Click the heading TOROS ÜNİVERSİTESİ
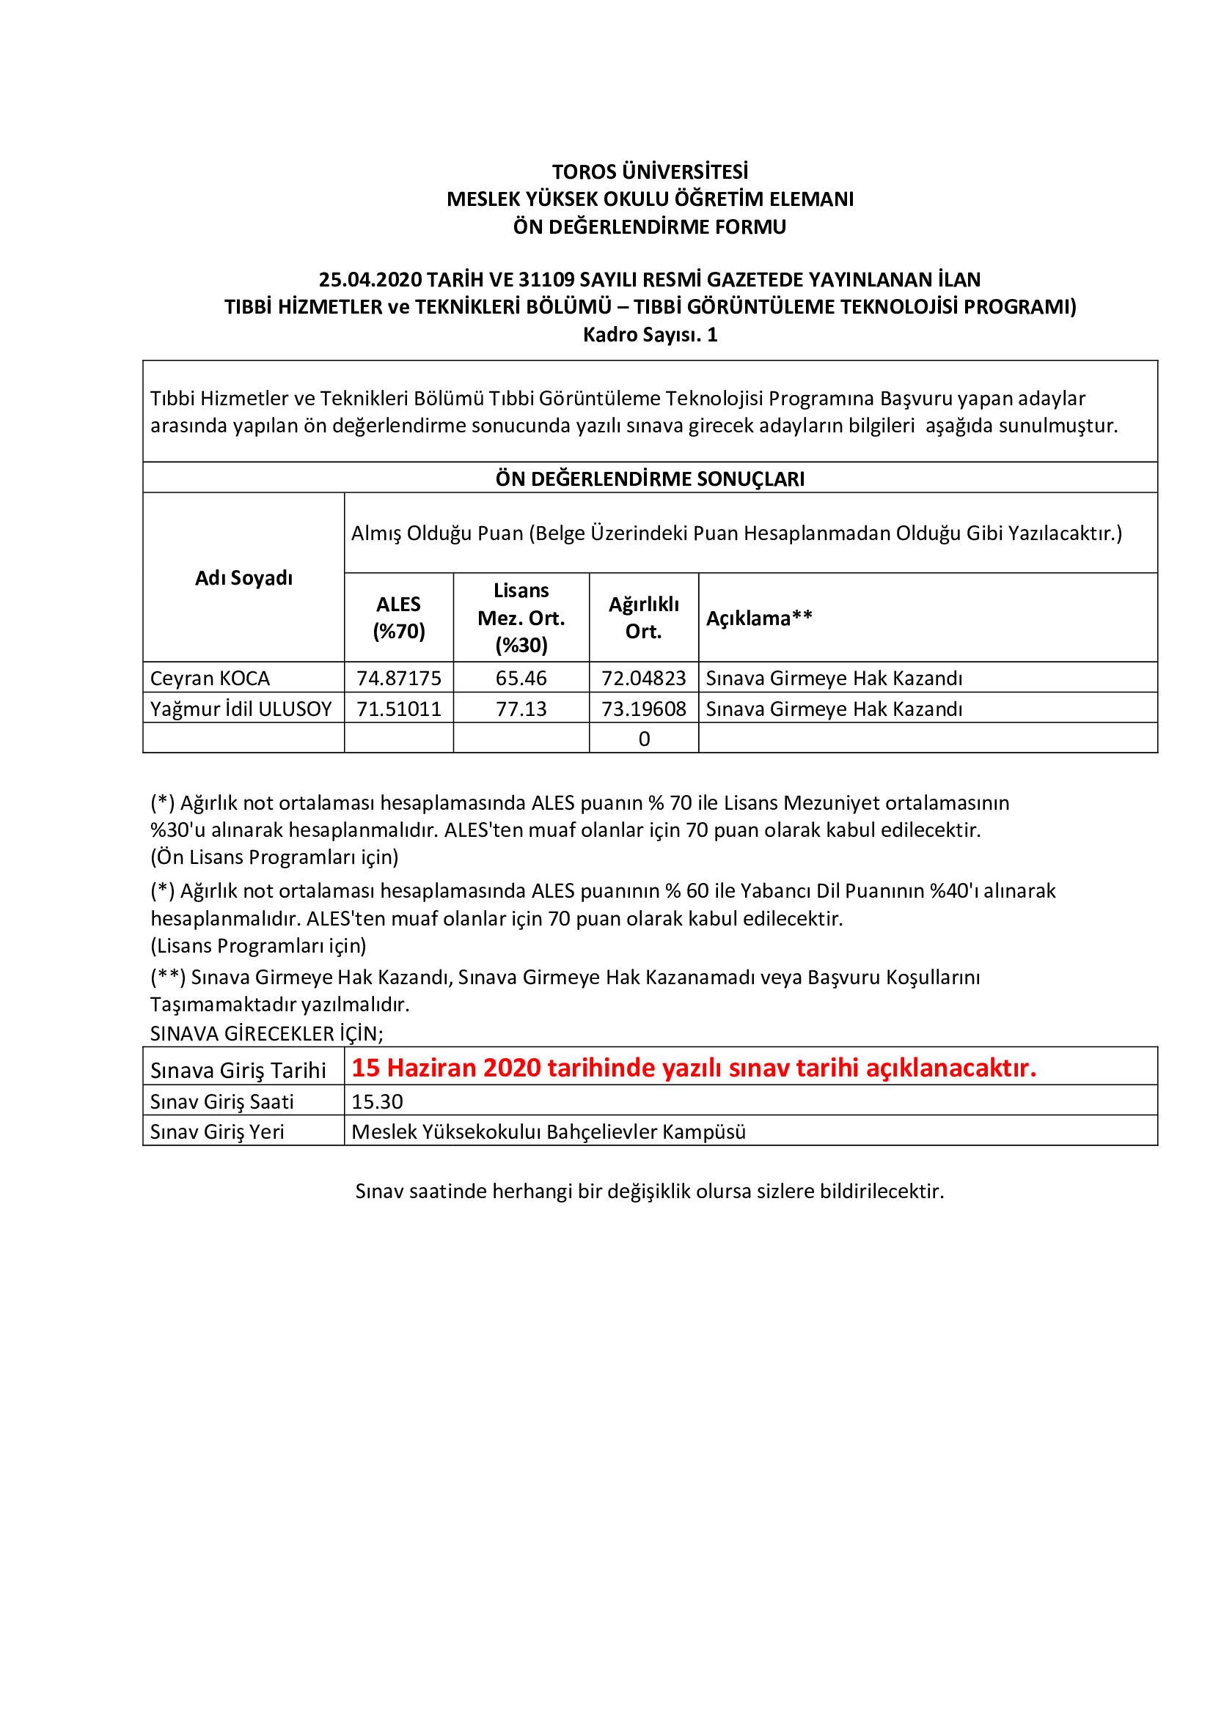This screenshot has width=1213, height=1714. (x=650, y=171)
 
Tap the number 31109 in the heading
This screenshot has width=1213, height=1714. (x=547, y=279)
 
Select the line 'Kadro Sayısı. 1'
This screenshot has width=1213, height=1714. (x=650, y=334)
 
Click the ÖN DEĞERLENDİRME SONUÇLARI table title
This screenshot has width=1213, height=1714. (x=650, y=479)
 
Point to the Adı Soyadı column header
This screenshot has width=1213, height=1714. (x=243, y=577)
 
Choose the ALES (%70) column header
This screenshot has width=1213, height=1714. (x=398, y=617)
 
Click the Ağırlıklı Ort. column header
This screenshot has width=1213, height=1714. (x=643, y=617)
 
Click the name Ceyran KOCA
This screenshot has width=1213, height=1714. (x=210, y=678)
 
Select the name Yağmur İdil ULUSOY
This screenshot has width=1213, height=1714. (x=241, y=709)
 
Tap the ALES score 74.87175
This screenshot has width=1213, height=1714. (x=399, y=678)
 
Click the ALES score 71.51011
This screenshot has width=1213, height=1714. (x=399, y=709)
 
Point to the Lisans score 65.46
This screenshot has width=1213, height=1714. (x=521, y=678)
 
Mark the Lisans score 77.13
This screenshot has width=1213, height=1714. (x=521, y=709)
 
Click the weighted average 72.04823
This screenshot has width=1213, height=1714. (x=643, y=678)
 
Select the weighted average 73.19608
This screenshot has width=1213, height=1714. (x=643, y=709)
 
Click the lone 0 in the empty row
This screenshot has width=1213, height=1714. (x=644, y=739)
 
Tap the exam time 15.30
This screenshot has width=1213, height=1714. (x=377, y=1102)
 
